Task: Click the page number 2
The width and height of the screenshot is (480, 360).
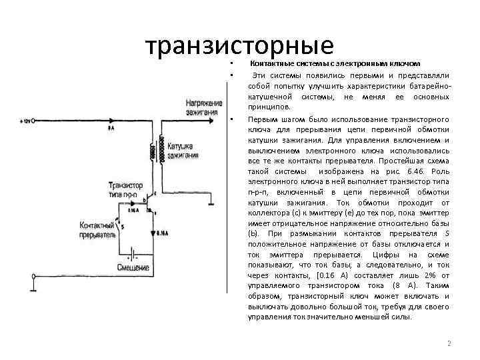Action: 449,344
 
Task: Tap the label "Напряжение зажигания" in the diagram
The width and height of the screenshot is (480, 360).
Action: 204,108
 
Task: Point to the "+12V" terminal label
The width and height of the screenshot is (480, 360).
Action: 26,121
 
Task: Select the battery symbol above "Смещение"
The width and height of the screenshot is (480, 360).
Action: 133,254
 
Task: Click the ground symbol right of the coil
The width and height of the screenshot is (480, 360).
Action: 211,203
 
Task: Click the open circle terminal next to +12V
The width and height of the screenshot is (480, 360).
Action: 35,121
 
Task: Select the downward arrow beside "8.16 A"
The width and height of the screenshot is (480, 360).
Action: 153,233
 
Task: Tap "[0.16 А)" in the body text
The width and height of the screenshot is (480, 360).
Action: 313,274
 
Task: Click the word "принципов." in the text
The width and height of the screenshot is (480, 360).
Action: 269,107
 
